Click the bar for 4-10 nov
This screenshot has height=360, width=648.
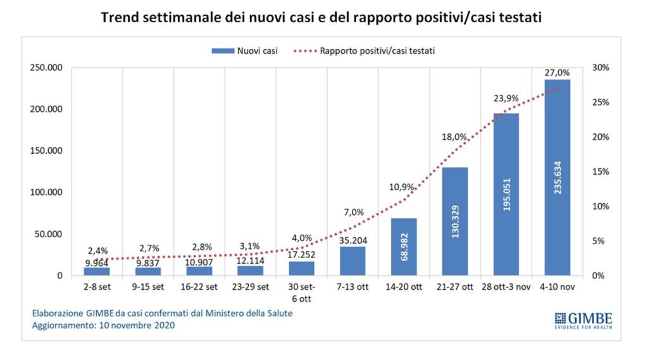(557, 178)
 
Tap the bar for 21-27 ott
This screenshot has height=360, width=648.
(455, 221)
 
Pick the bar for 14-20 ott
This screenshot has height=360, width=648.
(404, 247)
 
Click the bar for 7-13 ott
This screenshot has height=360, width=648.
(352, 261)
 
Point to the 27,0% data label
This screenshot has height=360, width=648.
(557, 73)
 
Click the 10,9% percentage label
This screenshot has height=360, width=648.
(403, 187)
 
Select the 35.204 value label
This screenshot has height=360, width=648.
(352, 240)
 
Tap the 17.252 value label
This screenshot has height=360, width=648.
(301, 256)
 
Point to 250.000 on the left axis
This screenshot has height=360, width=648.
(45, 68)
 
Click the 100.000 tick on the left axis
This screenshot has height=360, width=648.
(45, 192)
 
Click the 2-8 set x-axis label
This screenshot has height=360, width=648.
(97, 287)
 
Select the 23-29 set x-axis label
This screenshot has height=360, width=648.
(250, 287)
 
